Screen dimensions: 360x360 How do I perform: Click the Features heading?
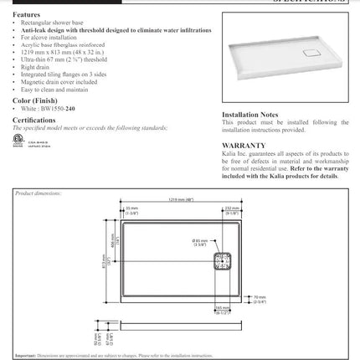tap(26, 15)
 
